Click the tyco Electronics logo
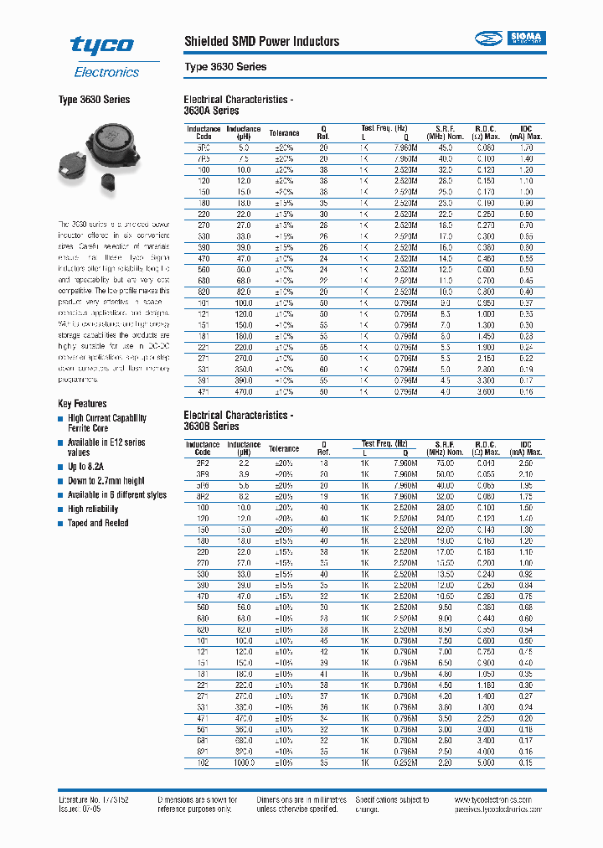pyautogui.click(x=100, y=55)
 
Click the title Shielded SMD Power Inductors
pyautogui.click(x=261, y=41)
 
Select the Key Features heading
pyautogui.click(x=82, y=403)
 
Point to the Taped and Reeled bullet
pyautogui.click(x=98, y=523)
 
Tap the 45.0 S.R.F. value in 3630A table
pyautogui.click(x=445, y=147)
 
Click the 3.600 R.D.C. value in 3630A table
pyautogui.click(x=487, y=391)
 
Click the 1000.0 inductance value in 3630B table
pyautogui.click(x=244, y=763)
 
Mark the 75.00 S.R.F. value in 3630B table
pyautogui.click(x=445, y=463)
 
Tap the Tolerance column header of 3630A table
pyautogui.click(x=284, y=133)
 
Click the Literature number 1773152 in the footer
pyautogui.click(x=93, y=799)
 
